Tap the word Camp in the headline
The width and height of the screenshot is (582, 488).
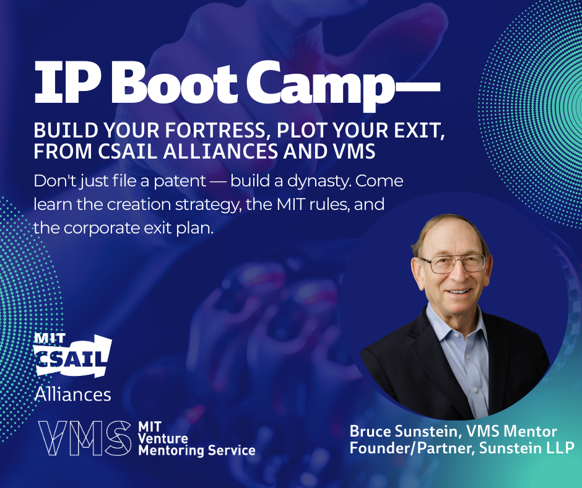point(320,86)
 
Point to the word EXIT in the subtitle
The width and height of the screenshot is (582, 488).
point(424,131)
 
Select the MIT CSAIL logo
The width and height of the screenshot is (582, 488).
point(72,355)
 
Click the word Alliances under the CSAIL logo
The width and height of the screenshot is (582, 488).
point(73,394)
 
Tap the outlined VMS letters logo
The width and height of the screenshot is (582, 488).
point(85,438)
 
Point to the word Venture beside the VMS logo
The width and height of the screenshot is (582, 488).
point(163,438)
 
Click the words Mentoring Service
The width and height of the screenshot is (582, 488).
point(197,450)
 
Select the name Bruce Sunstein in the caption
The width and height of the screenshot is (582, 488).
point(404,432)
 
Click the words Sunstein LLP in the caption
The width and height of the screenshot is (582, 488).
point(527,448)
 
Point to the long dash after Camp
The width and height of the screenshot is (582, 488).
point(417,88)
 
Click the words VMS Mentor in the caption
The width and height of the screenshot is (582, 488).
point(511,432)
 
